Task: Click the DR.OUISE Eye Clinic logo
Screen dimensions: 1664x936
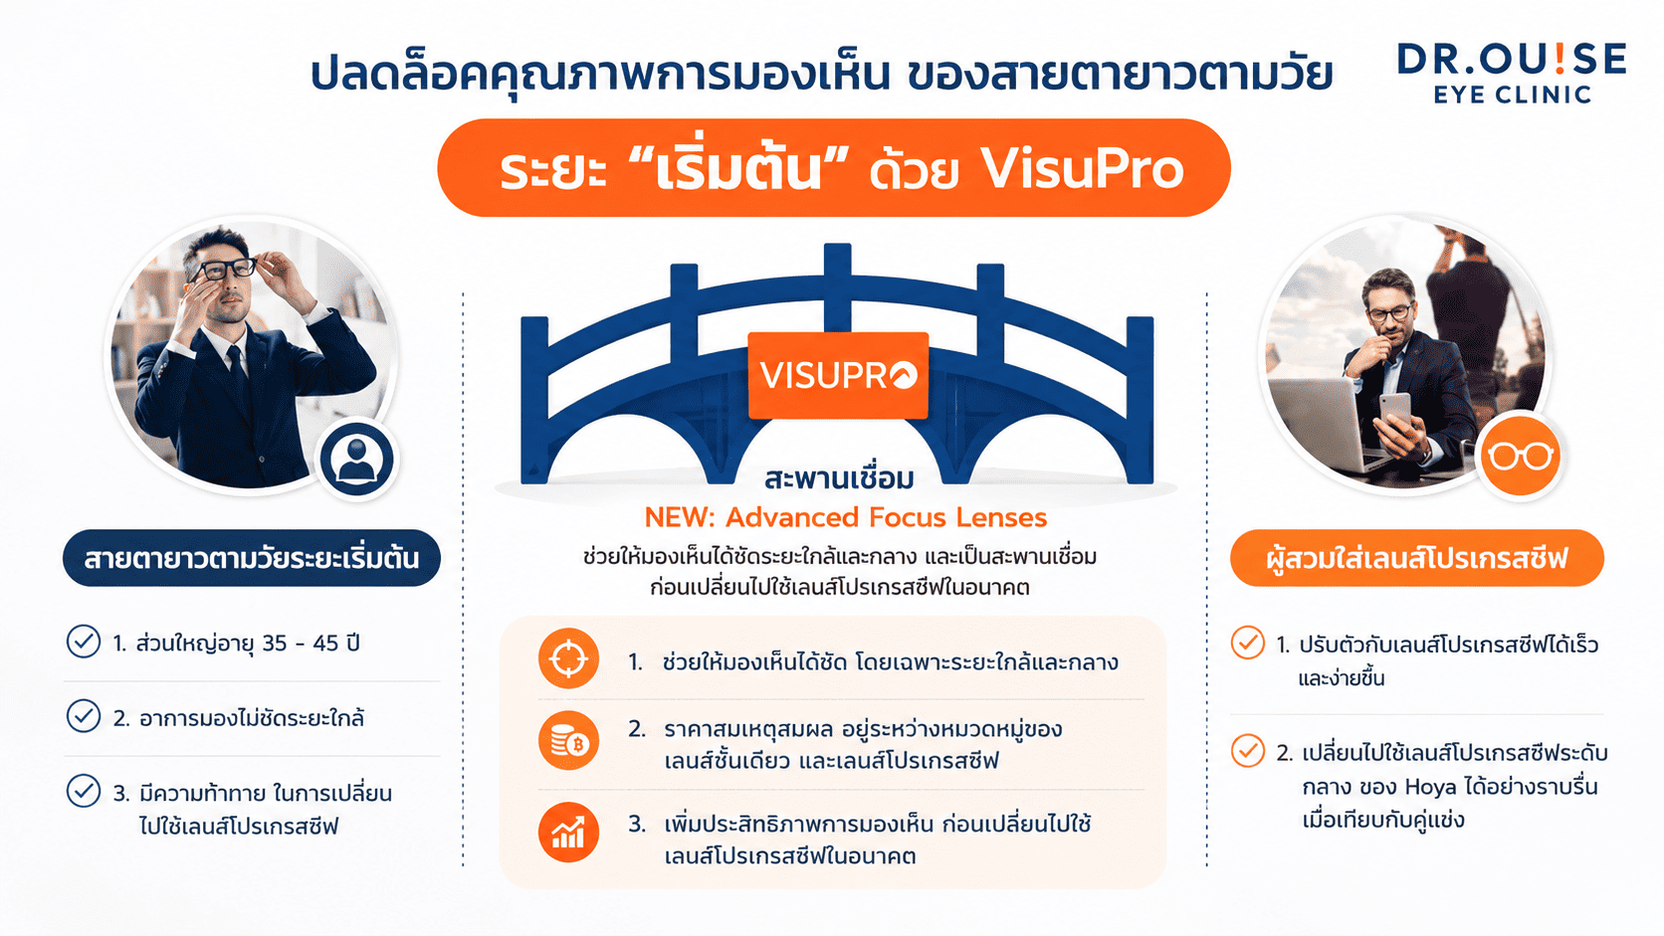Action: click(x=1512, y=73)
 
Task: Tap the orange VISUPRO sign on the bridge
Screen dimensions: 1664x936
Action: click(x=838, y=375)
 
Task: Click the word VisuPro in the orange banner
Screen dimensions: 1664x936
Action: click(x=1083, y=169)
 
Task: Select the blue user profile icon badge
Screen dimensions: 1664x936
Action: click(x=356, y=459)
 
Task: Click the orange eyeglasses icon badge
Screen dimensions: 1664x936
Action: click(x=1520, y=456)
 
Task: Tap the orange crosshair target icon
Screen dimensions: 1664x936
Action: click(x=568, y=658)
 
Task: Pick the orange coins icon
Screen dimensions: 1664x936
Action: click(x=568, y=741)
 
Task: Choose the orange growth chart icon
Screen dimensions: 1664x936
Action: click(x=568, y=833)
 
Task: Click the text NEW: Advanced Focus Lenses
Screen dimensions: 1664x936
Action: click(x=845, y=517)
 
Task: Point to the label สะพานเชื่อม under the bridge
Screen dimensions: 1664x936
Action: click(x=839, y=478)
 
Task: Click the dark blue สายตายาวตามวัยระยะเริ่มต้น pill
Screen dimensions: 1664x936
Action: click(x=252, y=558)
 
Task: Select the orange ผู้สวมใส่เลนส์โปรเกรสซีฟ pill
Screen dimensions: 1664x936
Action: click(x=1416, y=558)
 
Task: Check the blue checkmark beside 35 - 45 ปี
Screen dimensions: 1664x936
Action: click(x=84, y=642)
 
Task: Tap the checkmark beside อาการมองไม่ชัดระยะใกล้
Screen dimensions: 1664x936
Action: click(x=84, y=716)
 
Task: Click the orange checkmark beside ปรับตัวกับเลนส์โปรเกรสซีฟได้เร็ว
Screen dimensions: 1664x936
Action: click(x=1248, y=643)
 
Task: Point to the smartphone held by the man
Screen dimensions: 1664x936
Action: click(x=1393, y=411)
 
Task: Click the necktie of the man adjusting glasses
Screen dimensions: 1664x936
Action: click(x=238, y=371)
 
